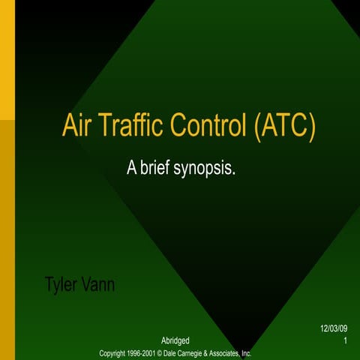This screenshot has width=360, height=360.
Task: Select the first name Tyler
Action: (62, 286)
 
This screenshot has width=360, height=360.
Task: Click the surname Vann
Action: (100, 285)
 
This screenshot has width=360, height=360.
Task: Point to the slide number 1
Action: (344, 342)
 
